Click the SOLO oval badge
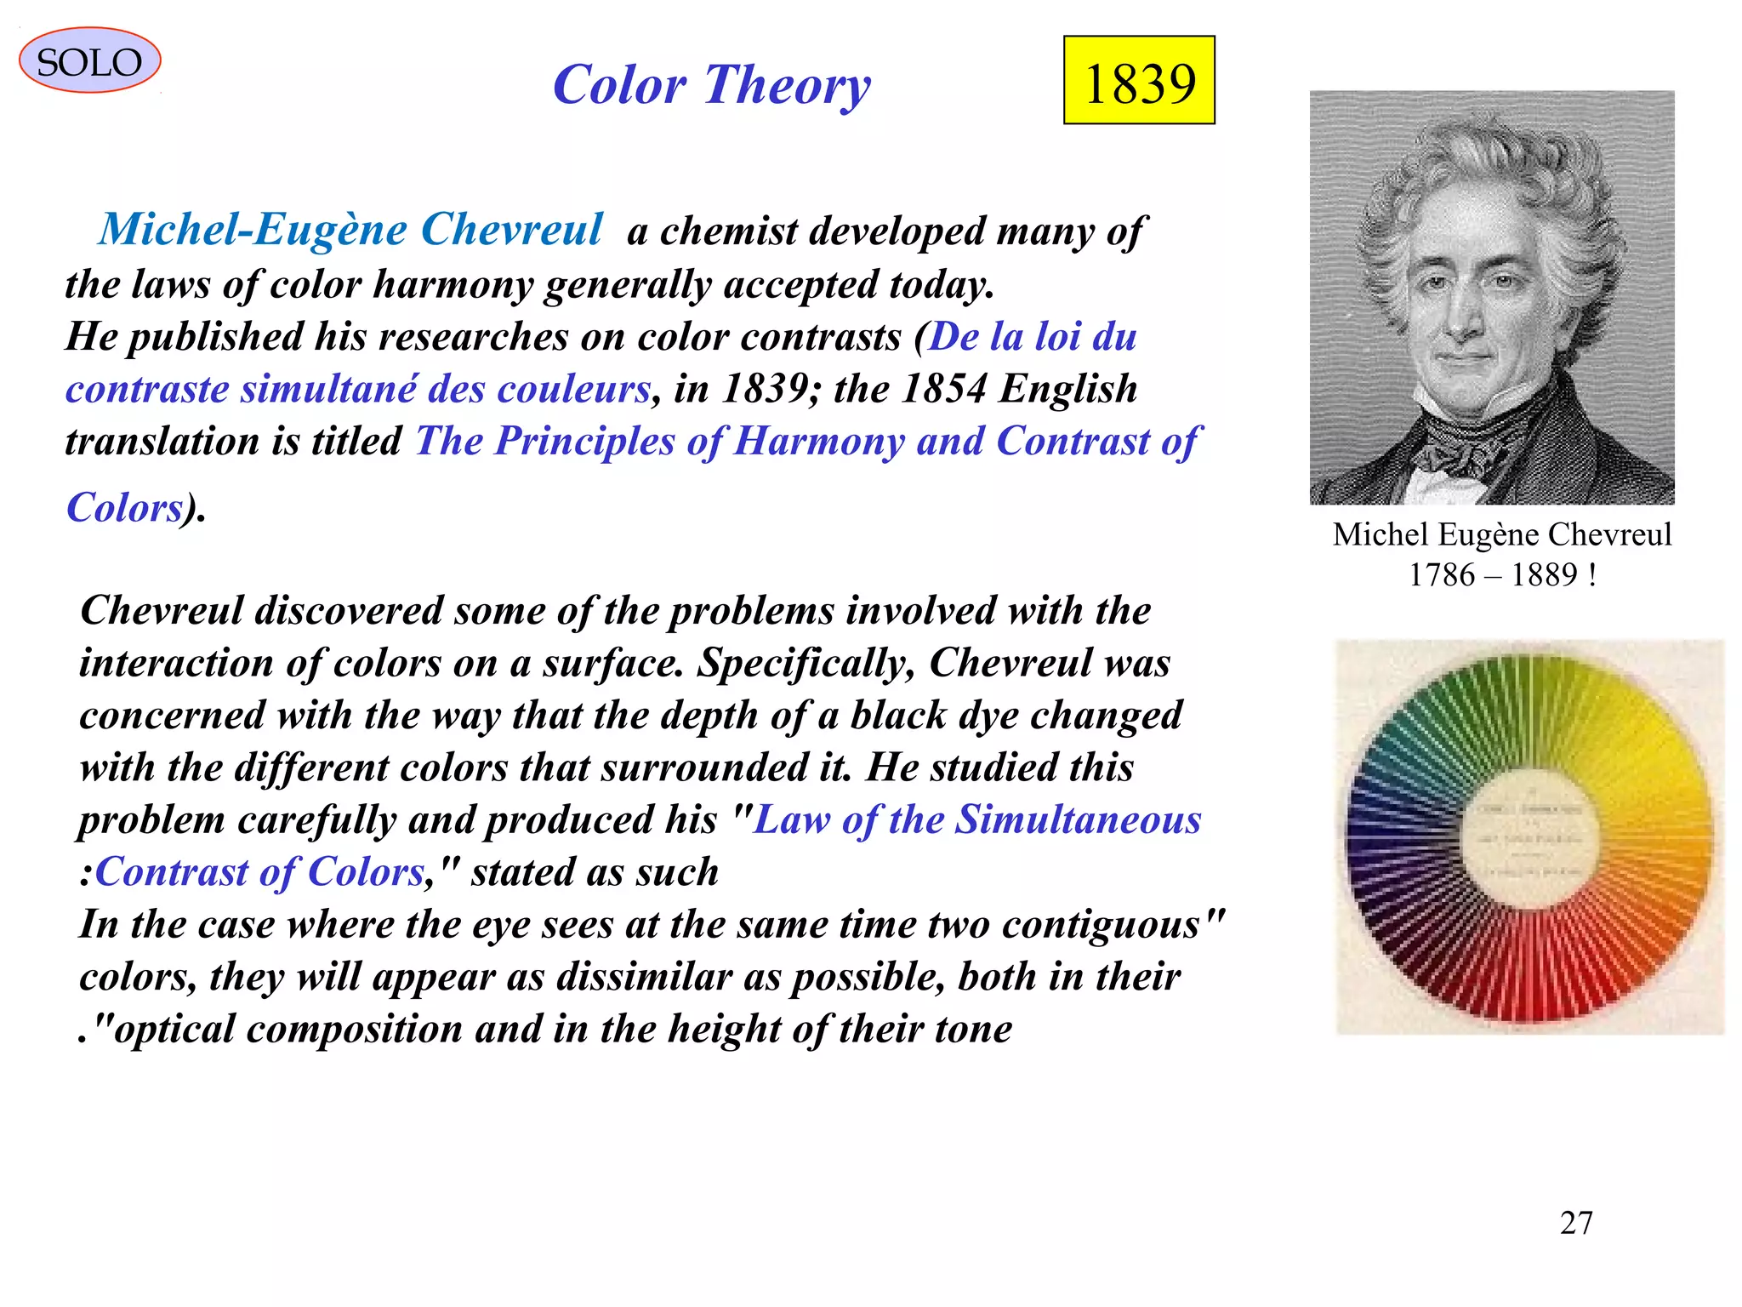coord(89,61)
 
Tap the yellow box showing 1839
coord(1139,81)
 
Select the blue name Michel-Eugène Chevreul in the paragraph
coord(350,230)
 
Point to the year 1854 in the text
coord(943,389)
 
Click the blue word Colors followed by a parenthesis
coord(124,508)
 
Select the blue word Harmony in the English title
coord(818,441)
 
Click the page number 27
coord(1576,1223)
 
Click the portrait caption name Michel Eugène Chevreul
coord(1502,534)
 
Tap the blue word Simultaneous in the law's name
coord(1078,819)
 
